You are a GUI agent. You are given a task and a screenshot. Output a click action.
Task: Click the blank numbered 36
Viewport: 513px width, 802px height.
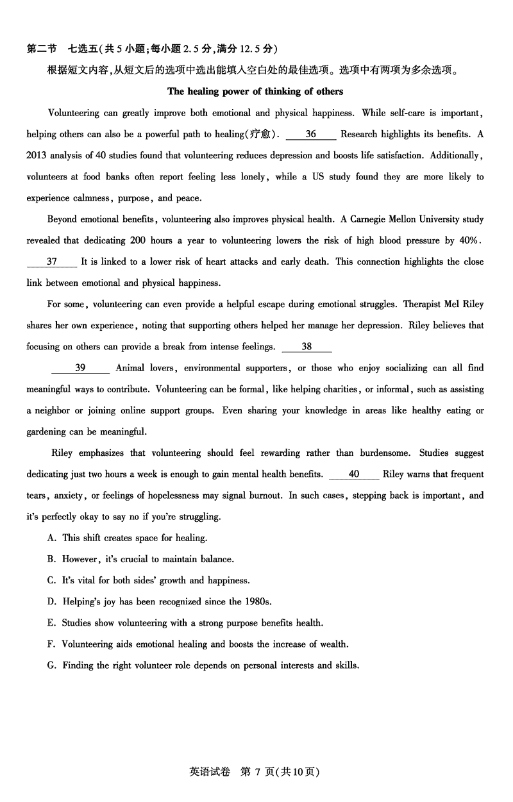coord(311,134)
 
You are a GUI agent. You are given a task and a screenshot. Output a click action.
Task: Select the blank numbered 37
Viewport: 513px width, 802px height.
coord(52,262)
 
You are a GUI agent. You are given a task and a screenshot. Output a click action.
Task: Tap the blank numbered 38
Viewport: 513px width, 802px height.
coord(307,347)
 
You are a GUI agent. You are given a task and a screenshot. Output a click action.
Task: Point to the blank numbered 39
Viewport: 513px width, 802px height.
coord(80,368)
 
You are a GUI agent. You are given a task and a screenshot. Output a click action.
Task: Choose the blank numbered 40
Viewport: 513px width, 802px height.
coord(353,474)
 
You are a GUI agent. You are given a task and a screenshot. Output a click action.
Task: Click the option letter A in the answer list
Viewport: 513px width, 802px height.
coord(51,538)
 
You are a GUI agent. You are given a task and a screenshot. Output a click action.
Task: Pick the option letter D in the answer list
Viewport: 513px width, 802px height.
coord(52,601)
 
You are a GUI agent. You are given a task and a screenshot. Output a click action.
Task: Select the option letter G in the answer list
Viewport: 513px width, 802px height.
coord(52,665)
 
